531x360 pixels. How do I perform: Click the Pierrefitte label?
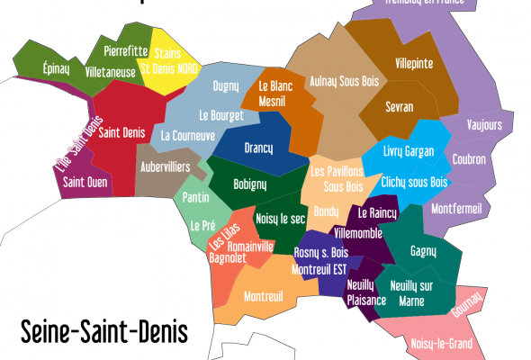pyautogui.click(x=126, y=51)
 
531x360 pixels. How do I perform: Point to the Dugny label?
pyautogui.click(x=226, y=86)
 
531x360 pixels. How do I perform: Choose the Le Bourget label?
pyautogui.click(x=220, y=115)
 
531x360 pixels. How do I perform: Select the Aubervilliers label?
pyautogui.click(x=166, y=167)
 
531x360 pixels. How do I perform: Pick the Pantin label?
pyautogui.click(x=195, y=197)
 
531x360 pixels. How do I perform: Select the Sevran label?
pyautogui.click(x=399, y=106)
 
